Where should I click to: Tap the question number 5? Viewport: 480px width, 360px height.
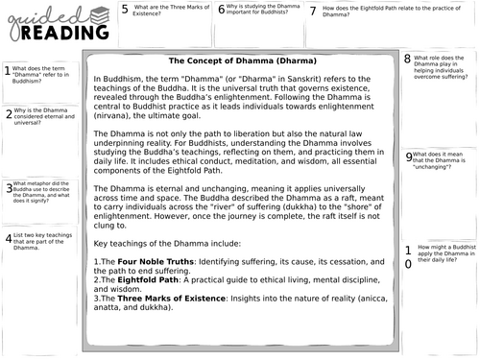(x=125, y=11)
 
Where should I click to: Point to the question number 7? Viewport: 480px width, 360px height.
(x=313, y=11)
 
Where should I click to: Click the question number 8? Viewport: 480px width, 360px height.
(x=408, y=60)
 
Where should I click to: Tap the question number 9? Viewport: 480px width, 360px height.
(x=409, y=156)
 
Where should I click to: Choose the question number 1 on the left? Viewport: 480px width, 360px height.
(x=7, y=70)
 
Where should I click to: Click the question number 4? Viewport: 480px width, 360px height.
(x=8, y=237)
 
